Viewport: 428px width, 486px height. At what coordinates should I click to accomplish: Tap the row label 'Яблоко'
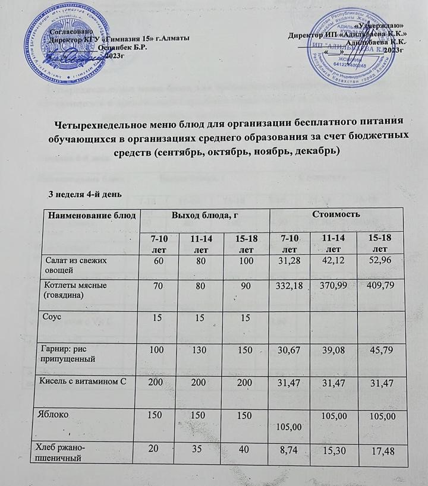pyautogui.click(x=58, y=413)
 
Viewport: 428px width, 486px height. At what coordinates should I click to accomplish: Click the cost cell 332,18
pyautogui.click(x=290, y=287)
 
